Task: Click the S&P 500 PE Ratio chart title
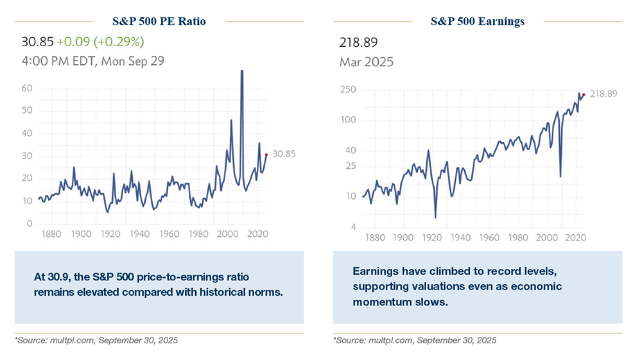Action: pos(159,21)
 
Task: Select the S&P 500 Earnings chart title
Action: pos(478,21)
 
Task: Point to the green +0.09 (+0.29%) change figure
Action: pos(100,42)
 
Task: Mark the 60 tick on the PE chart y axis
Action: pos(27,88)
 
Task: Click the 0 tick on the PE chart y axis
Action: pos(30,223)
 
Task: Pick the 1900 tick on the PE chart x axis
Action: pos(82,235)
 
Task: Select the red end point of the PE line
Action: pos(266,155)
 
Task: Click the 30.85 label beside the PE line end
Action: pos(284,155)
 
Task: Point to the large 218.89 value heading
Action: pos(358,42)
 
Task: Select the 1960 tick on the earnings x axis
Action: pos(490,238)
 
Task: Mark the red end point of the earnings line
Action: pos(583,95)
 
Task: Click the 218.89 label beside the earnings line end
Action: pos(603,94)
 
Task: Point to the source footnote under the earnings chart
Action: pos(415,340)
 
